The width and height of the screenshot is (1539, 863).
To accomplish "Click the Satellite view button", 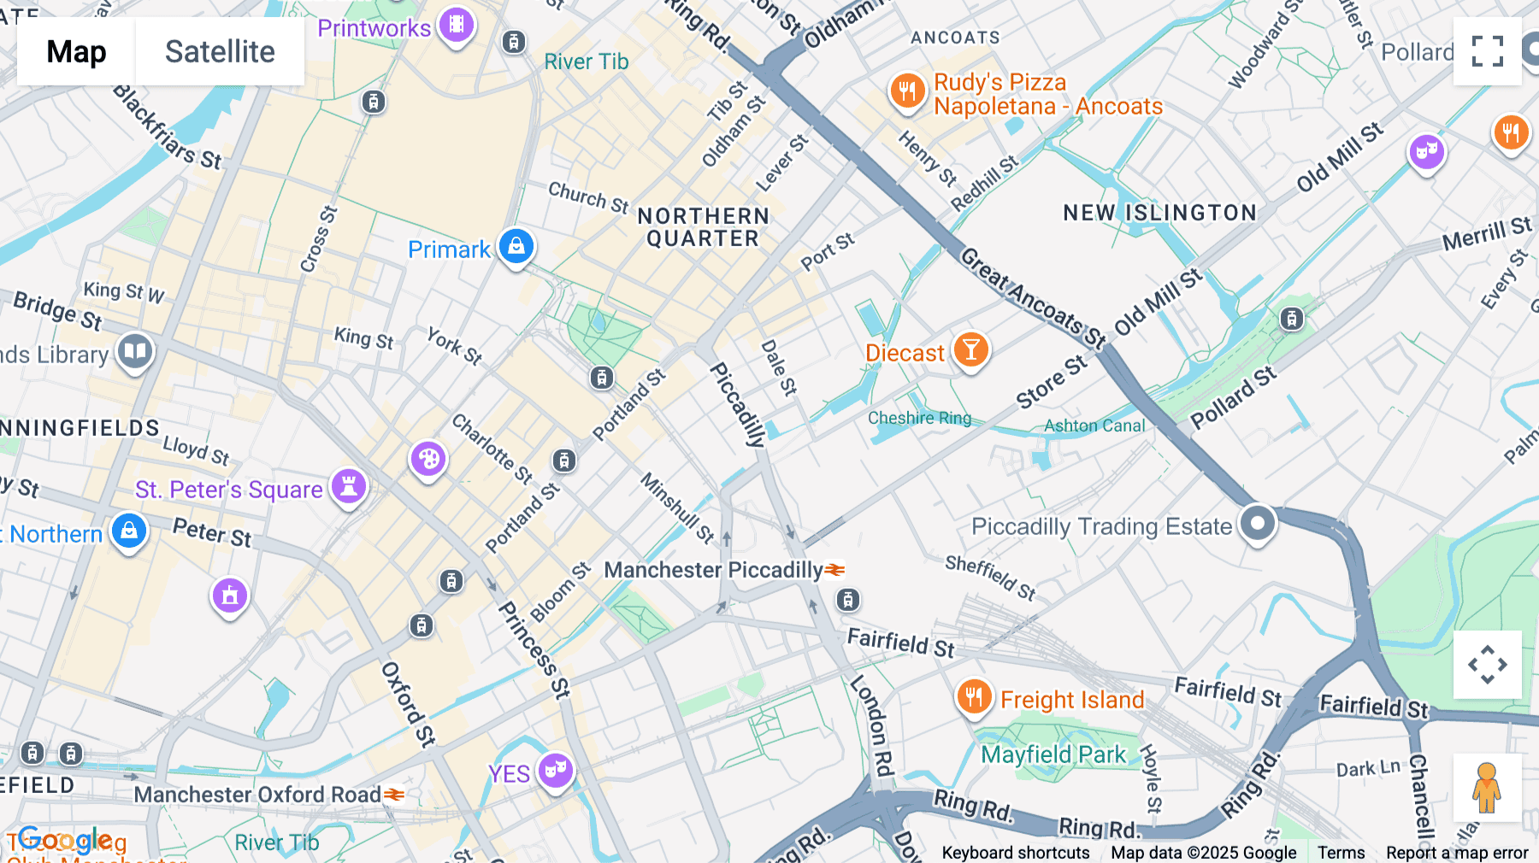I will coord(220,51).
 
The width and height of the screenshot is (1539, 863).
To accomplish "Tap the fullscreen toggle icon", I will coord(1487,51).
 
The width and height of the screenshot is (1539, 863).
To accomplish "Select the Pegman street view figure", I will coord(1487,788).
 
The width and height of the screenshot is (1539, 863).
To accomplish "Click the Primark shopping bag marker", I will coord(516,246).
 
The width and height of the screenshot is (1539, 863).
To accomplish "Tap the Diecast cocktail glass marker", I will coord(970,349).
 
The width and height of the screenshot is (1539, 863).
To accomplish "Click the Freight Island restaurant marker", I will coord(974,697).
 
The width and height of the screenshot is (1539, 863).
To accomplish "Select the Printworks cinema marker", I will coord(457,25).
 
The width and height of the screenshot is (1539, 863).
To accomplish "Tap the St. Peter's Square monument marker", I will coord(349,486).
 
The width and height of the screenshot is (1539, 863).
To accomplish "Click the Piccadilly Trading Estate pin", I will coord(1257,522).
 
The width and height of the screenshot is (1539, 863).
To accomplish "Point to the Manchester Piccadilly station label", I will coord(714,570).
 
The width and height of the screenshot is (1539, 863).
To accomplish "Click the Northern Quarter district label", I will coord(703,227).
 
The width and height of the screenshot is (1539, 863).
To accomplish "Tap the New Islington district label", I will coord(1159,213).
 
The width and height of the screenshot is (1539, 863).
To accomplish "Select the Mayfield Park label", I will coord(1053,754).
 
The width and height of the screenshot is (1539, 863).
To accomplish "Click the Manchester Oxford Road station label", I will coord(257,795).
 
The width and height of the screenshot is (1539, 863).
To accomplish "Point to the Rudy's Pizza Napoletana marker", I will coord(907,90).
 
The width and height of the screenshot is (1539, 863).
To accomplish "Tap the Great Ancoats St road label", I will coord(1033,298).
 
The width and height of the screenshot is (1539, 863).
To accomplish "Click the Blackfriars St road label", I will coord(168,128).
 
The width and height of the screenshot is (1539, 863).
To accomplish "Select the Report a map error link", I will coord(1457,853).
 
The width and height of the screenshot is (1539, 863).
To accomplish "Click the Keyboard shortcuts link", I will coord(1015,853).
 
